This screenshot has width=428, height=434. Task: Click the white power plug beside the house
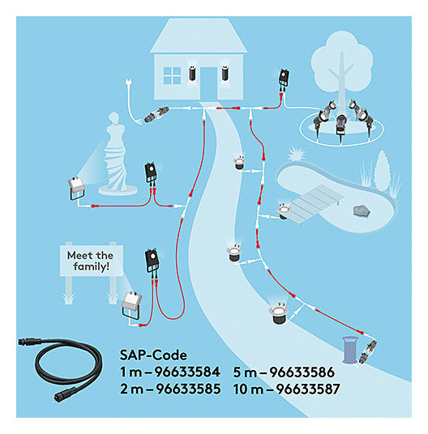(128, 83)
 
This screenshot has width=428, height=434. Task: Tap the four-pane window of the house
(172, 75)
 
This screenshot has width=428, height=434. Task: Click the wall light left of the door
(192, 73)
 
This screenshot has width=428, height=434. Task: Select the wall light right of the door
(225, 73)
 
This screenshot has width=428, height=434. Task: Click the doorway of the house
(208, 83)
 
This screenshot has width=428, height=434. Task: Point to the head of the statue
(113, 118)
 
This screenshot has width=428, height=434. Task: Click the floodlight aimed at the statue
(77, 188)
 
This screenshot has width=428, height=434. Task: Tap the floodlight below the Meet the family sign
(131, 304)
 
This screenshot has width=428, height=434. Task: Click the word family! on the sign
(92, 267)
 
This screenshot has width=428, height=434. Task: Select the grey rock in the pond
(362, 211)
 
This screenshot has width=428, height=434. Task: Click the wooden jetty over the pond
(316, 202)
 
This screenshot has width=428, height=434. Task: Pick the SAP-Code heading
(153, 355)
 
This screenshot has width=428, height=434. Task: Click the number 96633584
(187, 372)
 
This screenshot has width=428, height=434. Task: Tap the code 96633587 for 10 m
(308, 389)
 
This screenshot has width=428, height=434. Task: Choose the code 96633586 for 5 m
(302, 372)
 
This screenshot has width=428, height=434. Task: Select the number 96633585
(188, 389)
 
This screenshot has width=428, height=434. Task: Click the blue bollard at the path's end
(350, 349)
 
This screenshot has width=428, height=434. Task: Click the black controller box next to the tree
(284, 79)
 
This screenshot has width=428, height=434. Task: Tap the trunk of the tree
(341, 83)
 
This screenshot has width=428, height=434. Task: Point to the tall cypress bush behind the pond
(383, 171)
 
